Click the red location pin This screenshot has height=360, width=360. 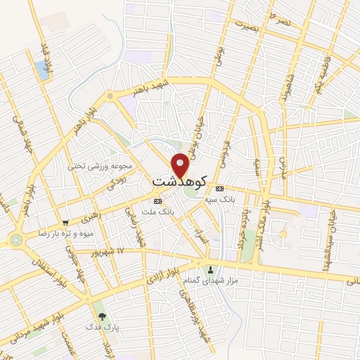(x=181, y=165)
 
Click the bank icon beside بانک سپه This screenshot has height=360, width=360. (x=220, y=188)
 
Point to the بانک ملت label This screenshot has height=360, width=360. (x=157, y=212)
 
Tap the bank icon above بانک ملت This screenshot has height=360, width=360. (x=157, y=200)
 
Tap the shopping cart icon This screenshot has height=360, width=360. (x=65, y=221)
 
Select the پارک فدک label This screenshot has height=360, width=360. (x=98, y=327)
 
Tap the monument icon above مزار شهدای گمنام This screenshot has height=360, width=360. (x=210, y=269)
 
